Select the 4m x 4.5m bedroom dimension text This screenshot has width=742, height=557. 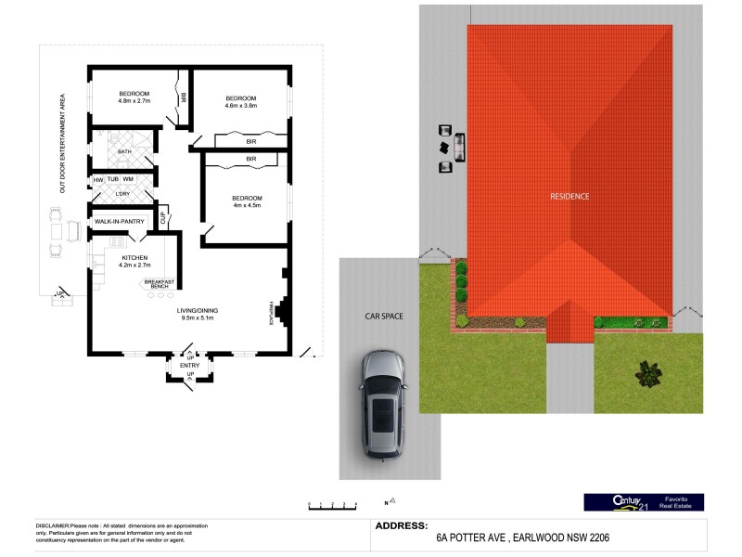[247, 207]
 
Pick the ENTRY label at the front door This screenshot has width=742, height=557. [189, 366]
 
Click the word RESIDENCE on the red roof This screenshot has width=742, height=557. [569, 197]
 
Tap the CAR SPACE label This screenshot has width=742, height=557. [383, 317]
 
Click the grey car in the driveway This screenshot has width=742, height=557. [380, 405]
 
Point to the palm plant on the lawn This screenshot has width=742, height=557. [648, 373]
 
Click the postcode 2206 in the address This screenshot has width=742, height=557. [595, 538]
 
